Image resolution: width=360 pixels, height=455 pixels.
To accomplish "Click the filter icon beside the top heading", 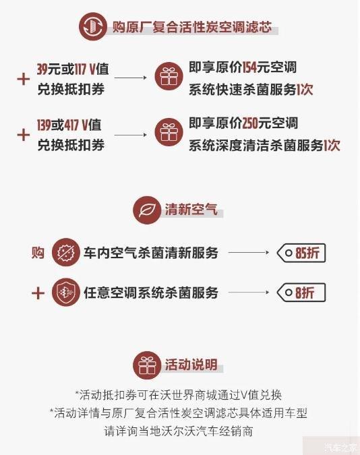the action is [93, 26].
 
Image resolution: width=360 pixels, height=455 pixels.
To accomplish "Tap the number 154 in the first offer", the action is [249, 67].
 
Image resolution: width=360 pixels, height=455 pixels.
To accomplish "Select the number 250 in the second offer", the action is [250, 123].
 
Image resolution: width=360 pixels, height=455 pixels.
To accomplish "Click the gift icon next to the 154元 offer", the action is [169, 77].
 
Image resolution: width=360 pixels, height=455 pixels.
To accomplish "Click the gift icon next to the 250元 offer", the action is [169, 133].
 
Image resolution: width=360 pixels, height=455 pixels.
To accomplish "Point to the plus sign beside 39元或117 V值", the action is [24, 80].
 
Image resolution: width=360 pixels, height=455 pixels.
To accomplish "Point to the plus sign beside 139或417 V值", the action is [24, 135].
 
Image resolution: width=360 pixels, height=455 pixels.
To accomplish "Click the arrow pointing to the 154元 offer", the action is [131, 78].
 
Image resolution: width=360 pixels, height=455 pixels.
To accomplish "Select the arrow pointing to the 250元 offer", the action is [131, 135].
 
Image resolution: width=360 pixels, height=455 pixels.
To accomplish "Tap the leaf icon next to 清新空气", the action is [147, 210].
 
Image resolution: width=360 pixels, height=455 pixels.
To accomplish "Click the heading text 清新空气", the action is [191, 209].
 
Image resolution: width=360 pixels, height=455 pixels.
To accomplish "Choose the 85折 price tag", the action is [301, 253].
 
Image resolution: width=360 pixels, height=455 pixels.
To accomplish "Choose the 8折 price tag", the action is [301, 293].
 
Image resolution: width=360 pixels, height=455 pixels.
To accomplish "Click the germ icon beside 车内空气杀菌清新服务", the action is [66, 252].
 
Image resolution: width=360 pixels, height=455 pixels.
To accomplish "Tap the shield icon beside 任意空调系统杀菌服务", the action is [66, 292].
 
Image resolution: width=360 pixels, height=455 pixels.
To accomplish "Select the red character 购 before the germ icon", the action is [38, 253].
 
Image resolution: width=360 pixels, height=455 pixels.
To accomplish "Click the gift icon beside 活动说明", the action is [147, 365].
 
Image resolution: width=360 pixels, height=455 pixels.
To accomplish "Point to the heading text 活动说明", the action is [191, 364].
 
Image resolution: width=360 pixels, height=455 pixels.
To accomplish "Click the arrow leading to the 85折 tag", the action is [249, 253].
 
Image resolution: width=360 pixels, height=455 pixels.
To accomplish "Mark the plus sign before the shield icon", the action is [38, 293].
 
